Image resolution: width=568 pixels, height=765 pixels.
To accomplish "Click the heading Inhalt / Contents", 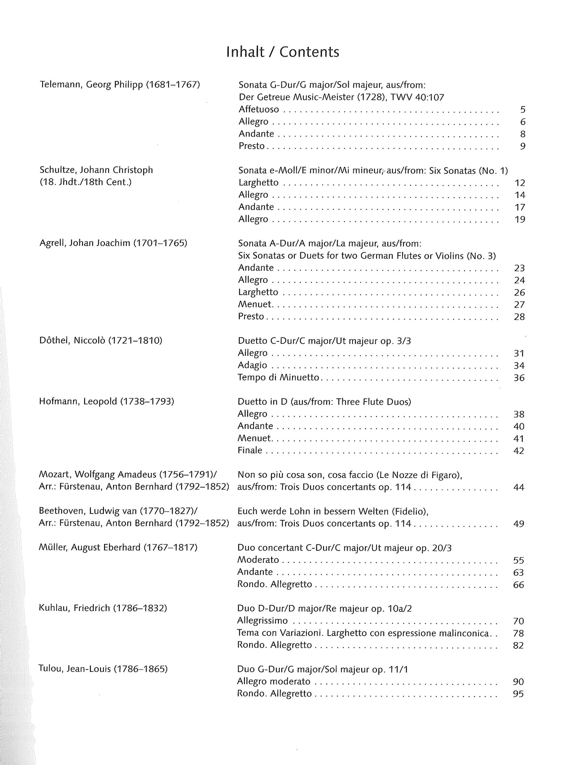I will pos(283,52).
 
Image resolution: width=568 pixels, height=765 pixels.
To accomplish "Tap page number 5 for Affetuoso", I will pos(522,110).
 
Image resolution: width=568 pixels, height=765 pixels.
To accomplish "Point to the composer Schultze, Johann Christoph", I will pos(96,170).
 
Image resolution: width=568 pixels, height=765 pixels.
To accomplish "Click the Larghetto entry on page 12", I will pos(258,182).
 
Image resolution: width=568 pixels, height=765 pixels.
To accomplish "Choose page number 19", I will pos(520,219).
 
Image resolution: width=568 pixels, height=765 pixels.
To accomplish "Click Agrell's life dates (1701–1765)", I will pos(160,243).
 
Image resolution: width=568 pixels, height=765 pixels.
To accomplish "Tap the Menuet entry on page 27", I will pos(255,304).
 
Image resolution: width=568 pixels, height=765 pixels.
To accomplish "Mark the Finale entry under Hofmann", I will pos(250,451).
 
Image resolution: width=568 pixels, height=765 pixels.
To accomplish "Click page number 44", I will pos(519,487).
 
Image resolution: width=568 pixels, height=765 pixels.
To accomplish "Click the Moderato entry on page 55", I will pos(258,560).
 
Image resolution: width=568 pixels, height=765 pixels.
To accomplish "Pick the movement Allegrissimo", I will pos(263,621).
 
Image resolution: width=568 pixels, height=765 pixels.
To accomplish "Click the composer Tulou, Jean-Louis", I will pos(75,669).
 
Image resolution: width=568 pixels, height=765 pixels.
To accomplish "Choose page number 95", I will pos(518,694).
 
